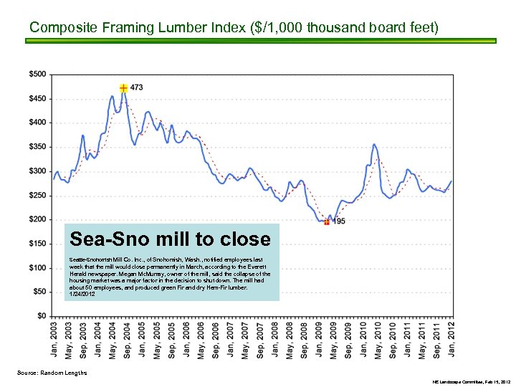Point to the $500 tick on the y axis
38,74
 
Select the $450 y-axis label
38,98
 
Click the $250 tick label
38,195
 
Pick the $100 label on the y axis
38,267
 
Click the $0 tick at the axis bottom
42,316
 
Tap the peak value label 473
136,87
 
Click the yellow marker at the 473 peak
124,87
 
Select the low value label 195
340,221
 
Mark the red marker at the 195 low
327,222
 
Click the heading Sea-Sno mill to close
170,239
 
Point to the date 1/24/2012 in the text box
82,294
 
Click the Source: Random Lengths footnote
52,373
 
